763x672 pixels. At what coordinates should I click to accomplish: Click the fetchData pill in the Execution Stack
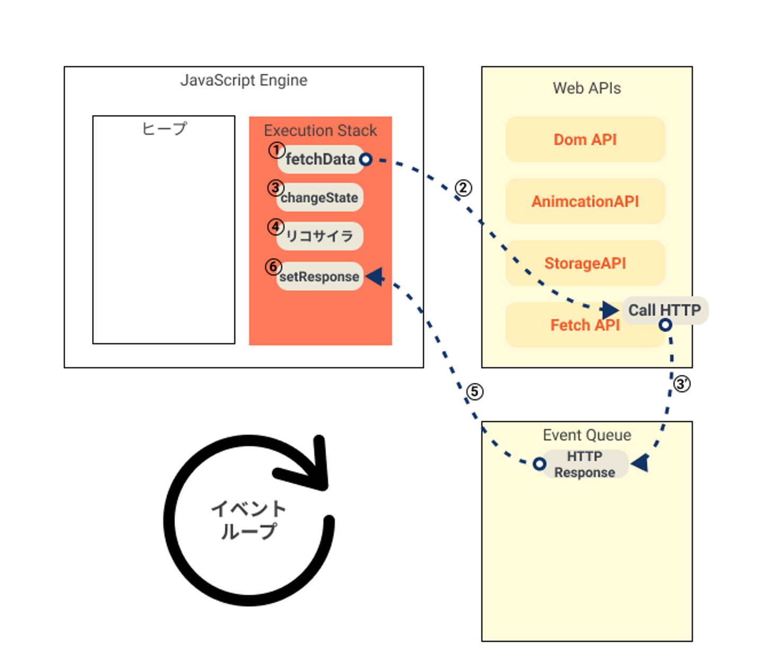pos(320,159)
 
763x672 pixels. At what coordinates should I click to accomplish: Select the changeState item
pos(320,198)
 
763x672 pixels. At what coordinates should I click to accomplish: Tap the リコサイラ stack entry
pos(320,236)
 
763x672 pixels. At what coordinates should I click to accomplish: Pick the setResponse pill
pos(320,276)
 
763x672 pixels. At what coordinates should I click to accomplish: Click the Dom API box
pos(585,139)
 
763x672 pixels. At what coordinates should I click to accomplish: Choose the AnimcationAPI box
pos(585,202)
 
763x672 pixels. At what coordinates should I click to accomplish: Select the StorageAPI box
pos(585,263)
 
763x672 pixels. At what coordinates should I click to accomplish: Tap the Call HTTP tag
pos(664,310)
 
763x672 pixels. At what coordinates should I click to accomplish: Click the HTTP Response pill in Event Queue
pos(585,464)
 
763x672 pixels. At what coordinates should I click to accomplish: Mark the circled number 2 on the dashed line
pos(463,188)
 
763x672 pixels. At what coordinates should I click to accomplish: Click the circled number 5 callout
pos(475,392)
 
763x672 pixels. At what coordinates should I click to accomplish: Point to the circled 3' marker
pos(681,383)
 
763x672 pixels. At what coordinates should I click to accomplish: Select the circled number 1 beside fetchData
pos(276,150)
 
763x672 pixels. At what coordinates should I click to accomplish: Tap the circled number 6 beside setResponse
pos(273,267)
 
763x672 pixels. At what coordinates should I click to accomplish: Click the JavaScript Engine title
pos(244,80)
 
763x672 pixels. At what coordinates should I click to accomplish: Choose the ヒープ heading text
pos(164,128)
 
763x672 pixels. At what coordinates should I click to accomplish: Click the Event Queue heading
pos(587,435)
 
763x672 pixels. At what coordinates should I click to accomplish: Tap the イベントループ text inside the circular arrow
pos(249,520)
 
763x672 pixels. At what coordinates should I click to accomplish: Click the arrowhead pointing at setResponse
pos(375,276)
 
